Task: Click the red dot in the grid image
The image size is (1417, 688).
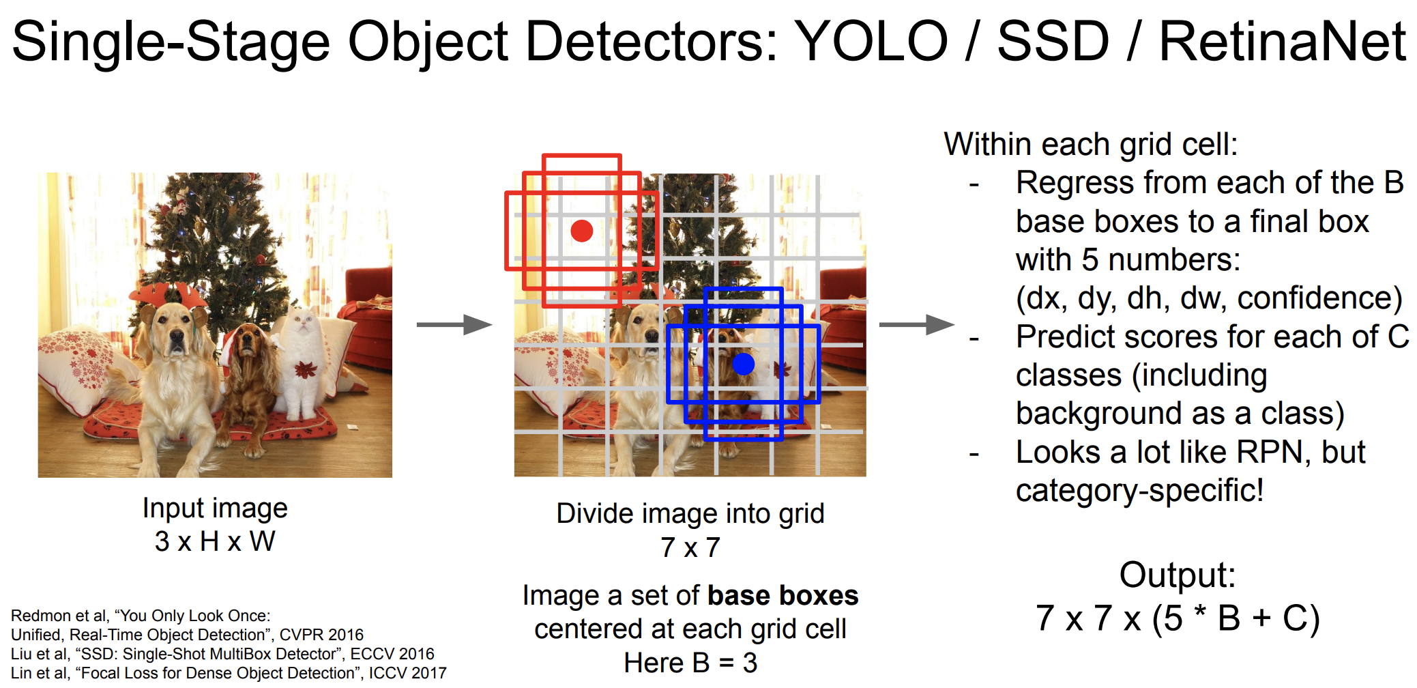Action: (581, 231)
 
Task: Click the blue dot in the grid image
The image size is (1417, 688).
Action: (743, 364)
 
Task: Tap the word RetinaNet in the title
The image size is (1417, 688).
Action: (1283, 41)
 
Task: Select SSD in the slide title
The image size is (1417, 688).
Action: (1053, 41)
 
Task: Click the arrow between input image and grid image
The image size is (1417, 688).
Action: (454, 324)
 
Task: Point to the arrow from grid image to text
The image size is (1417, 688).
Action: (916, 324)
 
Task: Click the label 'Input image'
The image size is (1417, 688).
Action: (215, 508)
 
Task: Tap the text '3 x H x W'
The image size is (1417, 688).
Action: (215, 541)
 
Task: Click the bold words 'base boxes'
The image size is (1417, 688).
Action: (783, 595)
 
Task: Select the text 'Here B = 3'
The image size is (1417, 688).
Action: (690, 662)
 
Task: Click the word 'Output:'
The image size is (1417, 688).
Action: (1178, 575)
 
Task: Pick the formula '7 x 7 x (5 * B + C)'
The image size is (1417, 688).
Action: (1178, 618)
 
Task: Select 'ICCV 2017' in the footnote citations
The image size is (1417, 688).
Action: (408, 673)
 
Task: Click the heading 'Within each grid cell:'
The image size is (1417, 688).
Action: (1091, 145)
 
